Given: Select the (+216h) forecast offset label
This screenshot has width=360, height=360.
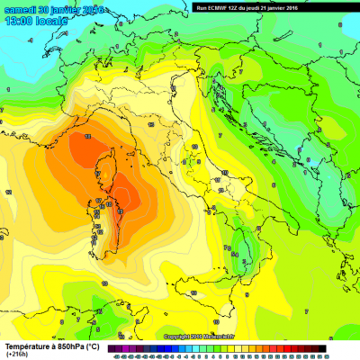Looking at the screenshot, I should point(16,355).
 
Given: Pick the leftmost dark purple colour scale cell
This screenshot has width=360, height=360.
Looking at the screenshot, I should point(111,348).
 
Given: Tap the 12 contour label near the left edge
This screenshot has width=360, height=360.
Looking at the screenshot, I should point(8,192).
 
